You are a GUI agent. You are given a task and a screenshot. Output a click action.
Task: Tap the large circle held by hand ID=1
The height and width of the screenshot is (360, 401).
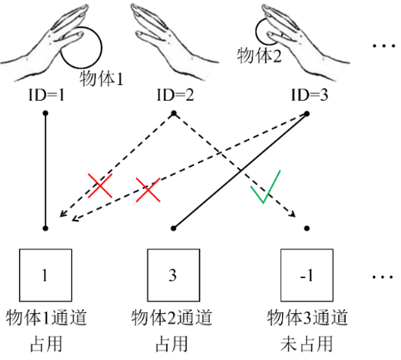tap(80, 48)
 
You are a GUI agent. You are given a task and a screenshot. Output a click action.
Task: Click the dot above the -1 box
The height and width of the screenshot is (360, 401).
tap(307, 227)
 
